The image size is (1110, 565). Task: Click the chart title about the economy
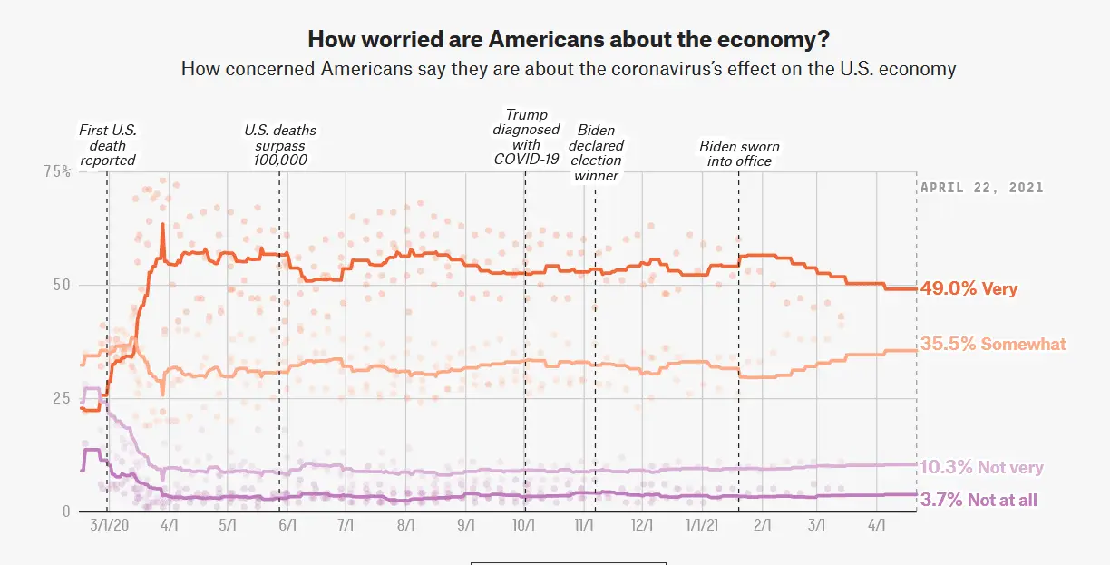coord(569,39)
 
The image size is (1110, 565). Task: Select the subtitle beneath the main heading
coord(569,68)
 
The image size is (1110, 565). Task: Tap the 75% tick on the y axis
coord(57,171)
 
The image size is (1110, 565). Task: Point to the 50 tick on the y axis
coord(62,285)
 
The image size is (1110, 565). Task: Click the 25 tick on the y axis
coord(62,398)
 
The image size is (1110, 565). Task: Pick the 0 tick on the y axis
coord(66,511)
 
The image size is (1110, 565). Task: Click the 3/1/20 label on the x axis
coord(110,526)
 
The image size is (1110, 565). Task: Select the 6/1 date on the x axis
coord(287,526)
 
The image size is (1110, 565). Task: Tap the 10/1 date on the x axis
coord(525,526)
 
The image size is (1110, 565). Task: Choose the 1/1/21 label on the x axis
coord(703,526)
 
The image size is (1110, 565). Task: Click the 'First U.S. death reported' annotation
coord(108,145)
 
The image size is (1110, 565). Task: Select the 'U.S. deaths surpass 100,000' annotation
coord(280,145)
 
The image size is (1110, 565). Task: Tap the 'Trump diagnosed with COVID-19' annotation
coord(527,137)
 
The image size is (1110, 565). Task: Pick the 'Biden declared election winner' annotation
coord(596,153)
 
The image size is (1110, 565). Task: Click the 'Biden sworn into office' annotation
coord(739,153)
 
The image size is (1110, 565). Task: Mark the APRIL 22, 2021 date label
coord(982,188)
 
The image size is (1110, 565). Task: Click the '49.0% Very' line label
coord(969,289)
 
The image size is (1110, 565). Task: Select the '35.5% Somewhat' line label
coord(993,344)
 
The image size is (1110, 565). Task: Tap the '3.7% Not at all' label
coord(979,500)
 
